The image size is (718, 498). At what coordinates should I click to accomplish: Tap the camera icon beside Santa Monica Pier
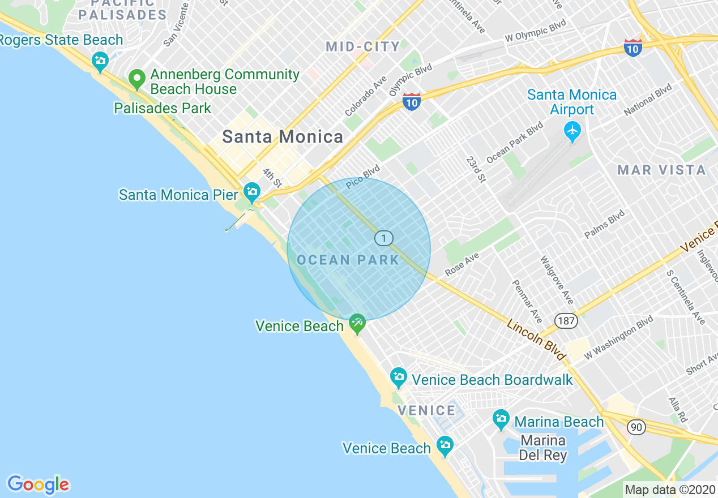[x=251, y=191]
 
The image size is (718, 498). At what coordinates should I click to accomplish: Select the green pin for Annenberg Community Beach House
[x=136, y=79]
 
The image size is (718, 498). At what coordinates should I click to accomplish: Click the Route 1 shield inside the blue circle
[x=384, y=238]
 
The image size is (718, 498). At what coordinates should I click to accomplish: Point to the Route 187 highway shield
[x=566, y=321]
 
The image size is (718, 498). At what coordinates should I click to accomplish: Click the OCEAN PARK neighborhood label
[x=348, y=260]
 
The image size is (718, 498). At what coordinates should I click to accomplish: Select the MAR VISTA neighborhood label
[x=661, y=170]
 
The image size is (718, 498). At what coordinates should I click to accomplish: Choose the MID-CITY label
[x=363, y=47]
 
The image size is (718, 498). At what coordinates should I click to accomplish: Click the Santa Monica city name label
[x=283, y=137]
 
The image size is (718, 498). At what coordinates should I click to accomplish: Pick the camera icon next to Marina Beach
[x=501, y=419]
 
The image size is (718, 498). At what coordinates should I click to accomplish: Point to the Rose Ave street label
[x=462, y=264]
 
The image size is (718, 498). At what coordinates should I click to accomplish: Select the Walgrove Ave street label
[x=556, y=280]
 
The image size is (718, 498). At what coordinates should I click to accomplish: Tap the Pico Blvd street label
[x=362, y=176]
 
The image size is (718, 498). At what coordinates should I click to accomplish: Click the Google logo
[x=38, y=484]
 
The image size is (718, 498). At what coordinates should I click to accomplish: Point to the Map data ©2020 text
[x=670, y=490]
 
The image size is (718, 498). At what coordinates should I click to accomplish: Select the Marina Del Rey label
[x=542, y=448]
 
